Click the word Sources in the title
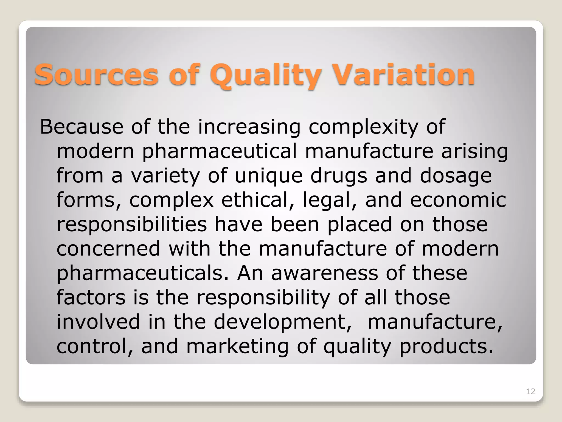click(96, 74)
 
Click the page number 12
click(530, 392)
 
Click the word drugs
click(339, 176)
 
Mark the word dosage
click(456, 176)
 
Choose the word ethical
click(257, 200)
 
